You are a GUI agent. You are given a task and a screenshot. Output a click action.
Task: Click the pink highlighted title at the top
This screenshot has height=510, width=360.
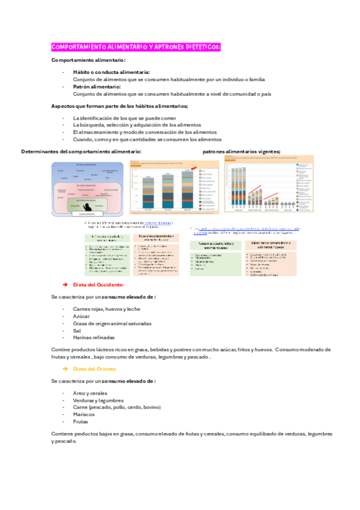point(136,47)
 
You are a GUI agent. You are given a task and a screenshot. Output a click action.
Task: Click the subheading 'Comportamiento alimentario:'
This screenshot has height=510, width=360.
point(88,60)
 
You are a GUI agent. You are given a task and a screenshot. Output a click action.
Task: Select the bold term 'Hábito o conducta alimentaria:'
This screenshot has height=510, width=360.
point(111,72)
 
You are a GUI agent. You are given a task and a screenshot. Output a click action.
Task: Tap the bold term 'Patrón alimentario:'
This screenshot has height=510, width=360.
point(97,87)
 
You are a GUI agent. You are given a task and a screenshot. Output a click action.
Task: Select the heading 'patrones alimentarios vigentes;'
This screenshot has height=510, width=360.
point(250,152)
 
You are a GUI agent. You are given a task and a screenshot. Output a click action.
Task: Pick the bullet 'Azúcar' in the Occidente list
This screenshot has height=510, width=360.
point(82,316)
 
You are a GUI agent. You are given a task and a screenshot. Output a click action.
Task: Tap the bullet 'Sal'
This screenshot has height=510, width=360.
point(77,330)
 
